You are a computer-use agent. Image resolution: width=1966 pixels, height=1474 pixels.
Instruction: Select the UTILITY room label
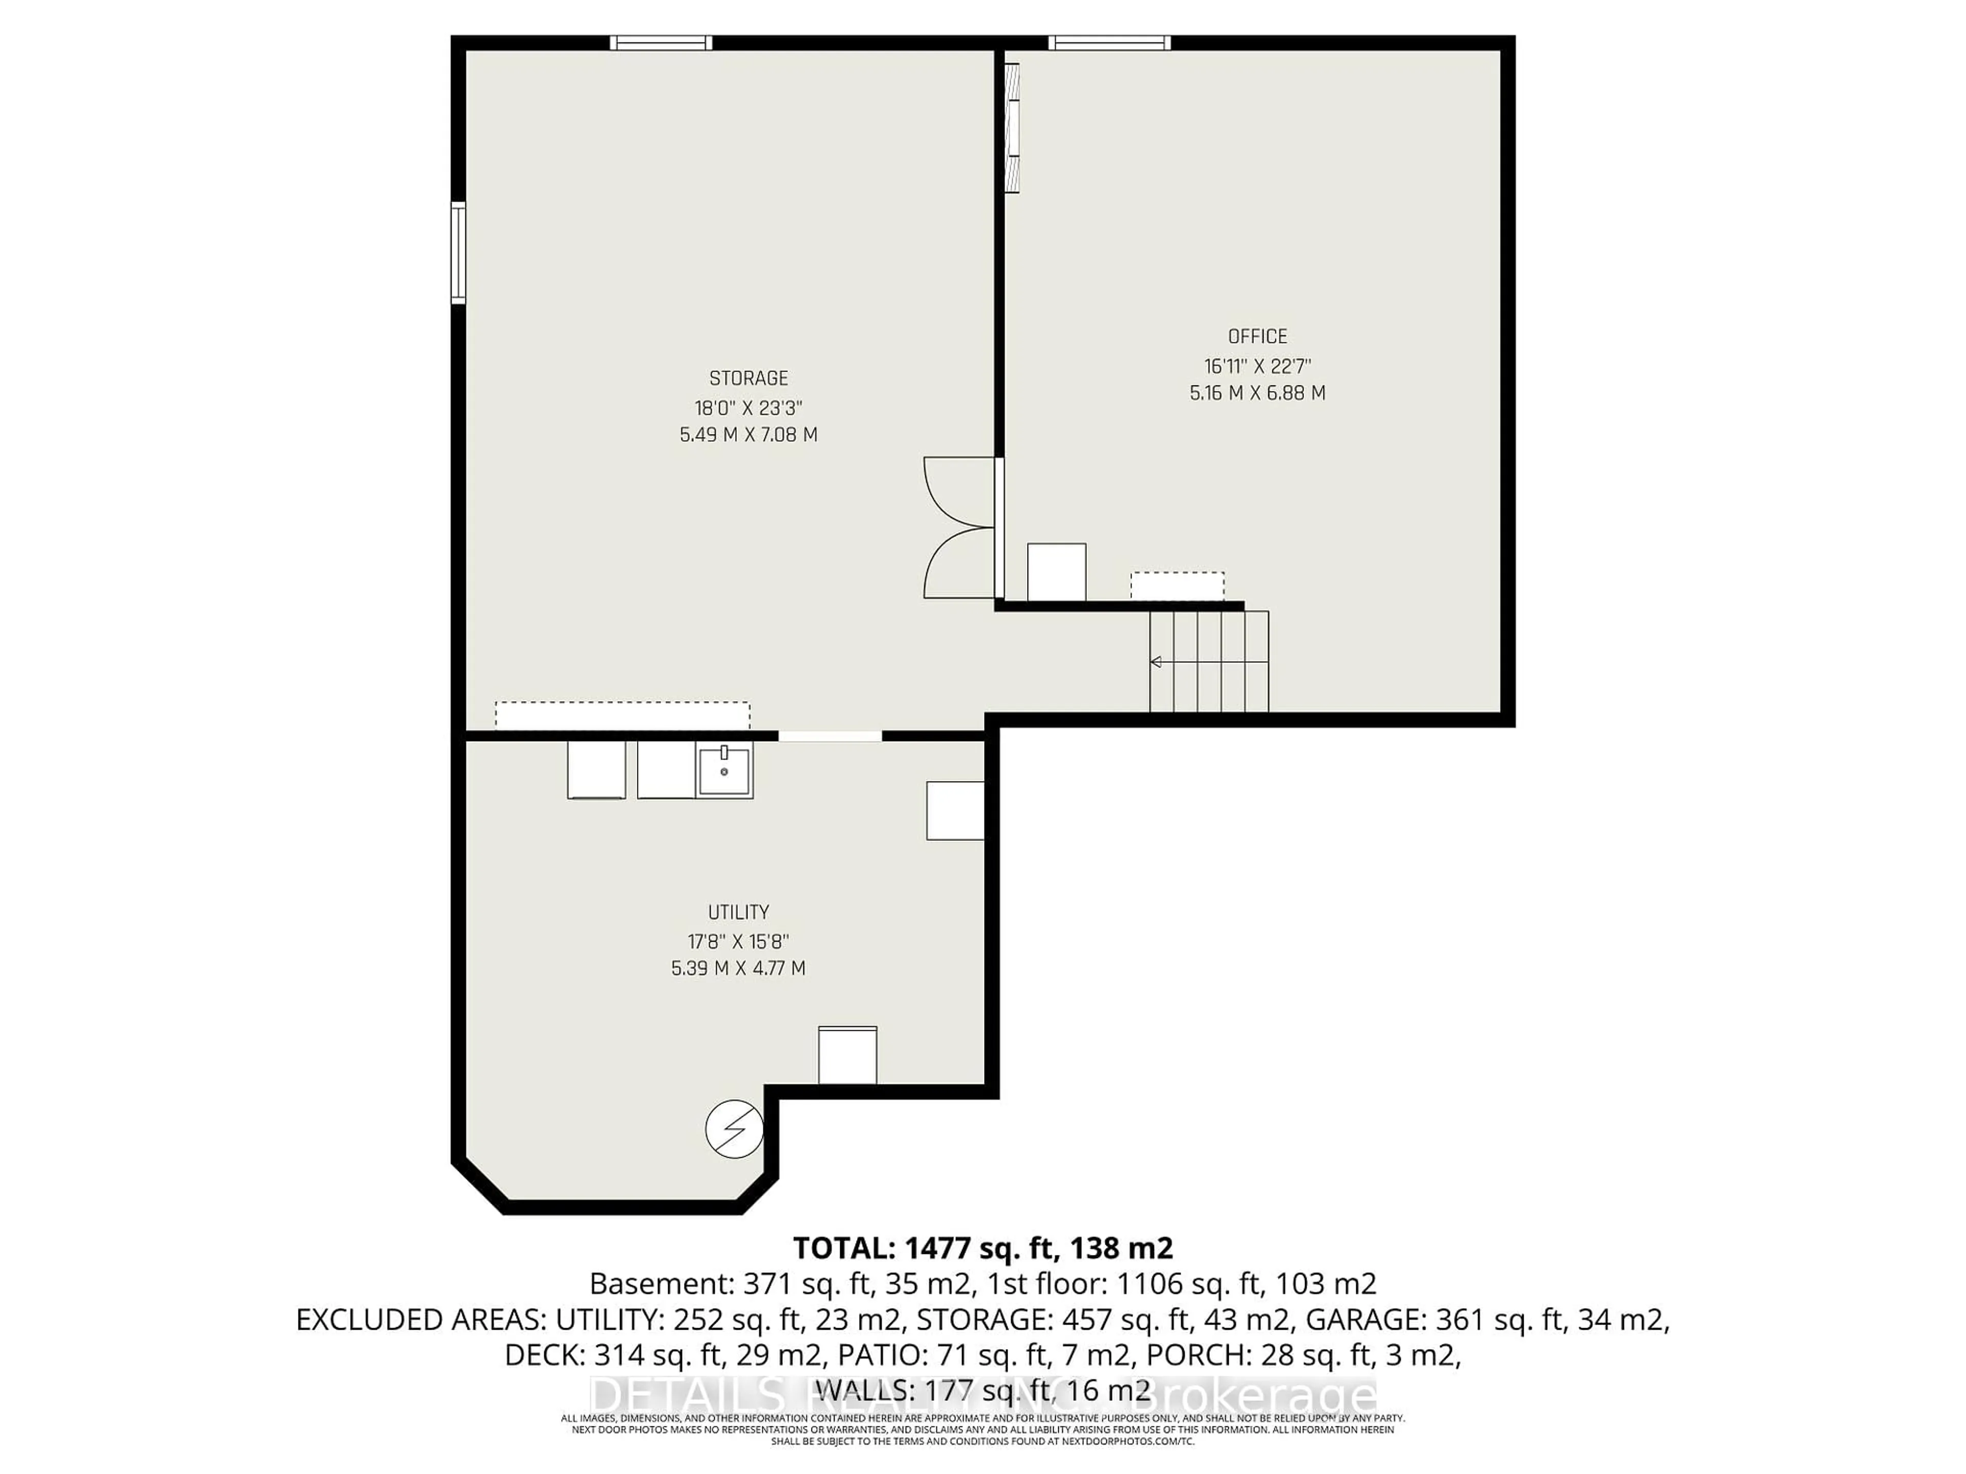click(x=738, y=912)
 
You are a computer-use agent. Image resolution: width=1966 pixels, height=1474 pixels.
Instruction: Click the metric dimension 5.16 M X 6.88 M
click(x=1257, y=393)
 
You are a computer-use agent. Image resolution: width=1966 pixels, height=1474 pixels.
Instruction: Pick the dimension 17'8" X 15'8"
click(x=738, y=941)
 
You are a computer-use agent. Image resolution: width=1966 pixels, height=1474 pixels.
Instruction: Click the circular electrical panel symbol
click(x=734, y=1129)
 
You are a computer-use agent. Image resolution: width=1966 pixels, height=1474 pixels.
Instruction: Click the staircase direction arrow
click(x=1157, y=662)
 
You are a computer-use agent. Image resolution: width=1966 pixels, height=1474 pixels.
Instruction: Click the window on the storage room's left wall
click(x=459, y=252)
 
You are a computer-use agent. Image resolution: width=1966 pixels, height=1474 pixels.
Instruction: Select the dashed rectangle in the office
click(x=1177, y=587)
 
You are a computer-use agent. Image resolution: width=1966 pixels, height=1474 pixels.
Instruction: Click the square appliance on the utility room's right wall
click(x=954, y=810)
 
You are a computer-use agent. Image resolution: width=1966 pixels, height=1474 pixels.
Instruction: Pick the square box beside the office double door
click(x=1056, y=572)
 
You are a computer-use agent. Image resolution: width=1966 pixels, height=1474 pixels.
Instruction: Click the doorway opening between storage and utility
click(x=830, y=735)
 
